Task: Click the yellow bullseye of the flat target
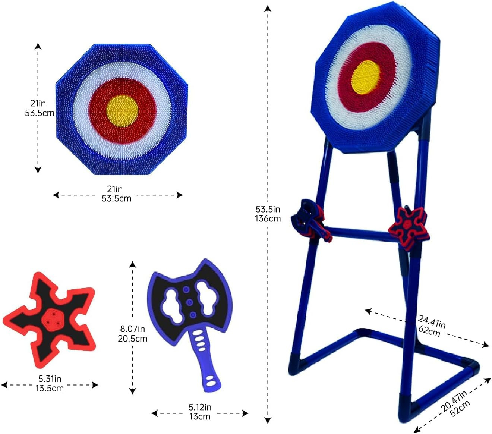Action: click(122, 111)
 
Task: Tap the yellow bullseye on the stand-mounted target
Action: click(365, 77)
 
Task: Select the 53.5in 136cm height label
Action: click(268, 214)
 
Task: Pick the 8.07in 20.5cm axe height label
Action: click(133, 334)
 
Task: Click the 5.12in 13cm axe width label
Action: click(200, 412)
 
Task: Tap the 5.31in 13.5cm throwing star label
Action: click(50, 384)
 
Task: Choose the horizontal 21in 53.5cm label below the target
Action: click(116, 194)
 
